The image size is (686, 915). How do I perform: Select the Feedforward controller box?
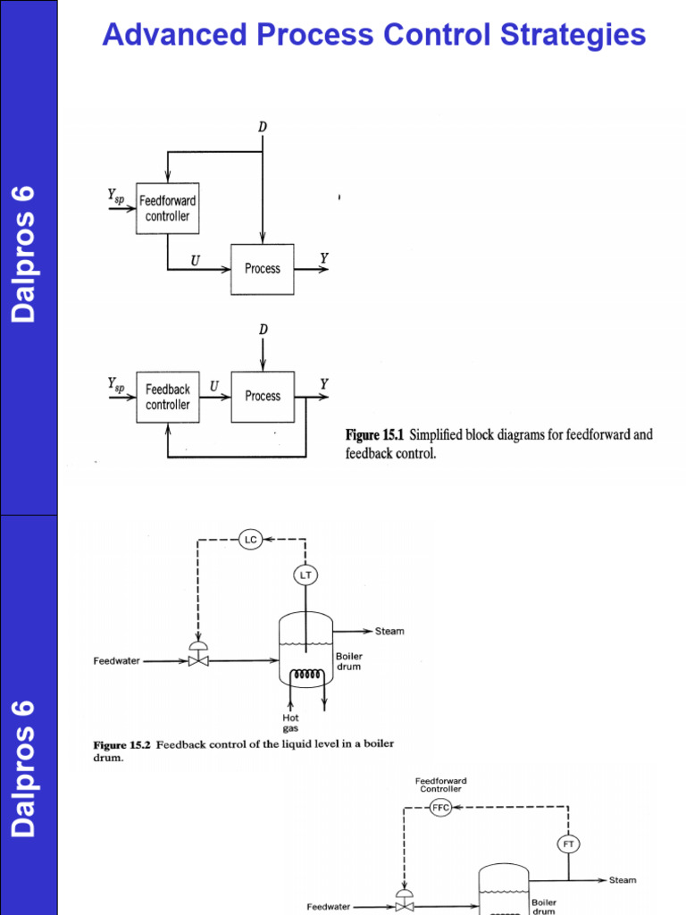tap(167, 208)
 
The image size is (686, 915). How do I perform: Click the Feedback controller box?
tap(167, 397)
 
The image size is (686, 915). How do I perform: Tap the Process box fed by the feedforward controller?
tap(262, 268)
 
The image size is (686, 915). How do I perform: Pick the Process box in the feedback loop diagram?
tap(262, 396)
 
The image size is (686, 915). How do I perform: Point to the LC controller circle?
tap(251, 539)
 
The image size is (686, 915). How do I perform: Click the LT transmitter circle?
tap(305, 575)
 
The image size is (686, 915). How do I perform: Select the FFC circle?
tap(440, 807)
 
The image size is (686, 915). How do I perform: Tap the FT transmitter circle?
tap(568, 844)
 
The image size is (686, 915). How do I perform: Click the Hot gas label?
tap(291, 723)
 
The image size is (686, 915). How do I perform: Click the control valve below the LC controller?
tap(197, 659)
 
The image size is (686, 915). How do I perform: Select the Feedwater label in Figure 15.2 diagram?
tap(117, 661)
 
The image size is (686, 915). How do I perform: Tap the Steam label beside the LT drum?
tap(389, 631)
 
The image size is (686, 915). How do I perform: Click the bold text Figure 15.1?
tap(375, 435)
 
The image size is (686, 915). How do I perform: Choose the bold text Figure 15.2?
tap(122, 743)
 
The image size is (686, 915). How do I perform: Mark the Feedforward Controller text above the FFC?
tap(441, 785)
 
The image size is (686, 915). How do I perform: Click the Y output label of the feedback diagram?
tap(324, 384)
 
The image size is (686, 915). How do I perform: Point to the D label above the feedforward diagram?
tap(262, 128)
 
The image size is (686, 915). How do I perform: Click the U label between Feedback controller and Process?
tap(213, 386)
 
